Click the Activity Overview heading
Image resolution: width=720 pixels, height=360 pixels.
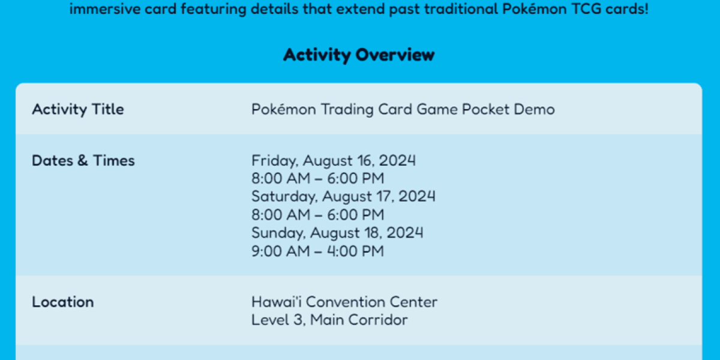pyautogui.click(x=359, y=55)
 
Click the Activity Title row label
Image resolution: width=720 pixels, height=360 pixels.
pyautogui.click(x=78, y=109)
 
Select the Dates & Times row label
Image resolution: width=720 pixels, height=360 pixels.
pyautogui.click(x=83, y=161)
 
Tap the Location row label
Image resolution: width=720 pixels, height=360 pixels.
pyautogui.click(x=63, y=302)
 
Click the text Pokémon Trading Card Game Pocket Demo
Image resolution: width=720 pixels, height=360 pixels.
pyautogui.click(x=403, y=109)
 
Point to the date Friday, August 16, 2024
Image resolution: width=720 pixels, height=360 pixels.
pyautogui.click(x=334, y=161)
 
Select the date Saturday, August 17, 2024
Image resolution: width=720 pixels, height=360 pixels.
pyautogui.click(x=343, y=196)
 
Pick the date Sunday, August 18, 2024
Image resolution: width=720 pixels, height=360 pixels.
pyautogui.click(x=337, y=232)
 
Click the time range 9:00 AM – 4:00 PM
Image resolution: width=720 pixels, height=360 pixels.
pyautogui.click(x=317, y=251)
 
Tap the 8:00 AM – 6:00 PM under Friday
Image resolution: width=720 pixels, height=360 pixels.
pyautogui.click(x=317, y=179)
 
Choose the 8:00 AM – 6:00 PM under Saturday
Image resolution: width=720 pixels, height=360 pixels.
pyautogui.click(x=317, y=214)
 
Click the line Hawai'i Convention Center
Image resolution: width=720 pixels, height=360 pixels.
pyautogui.click(x=344, y=302)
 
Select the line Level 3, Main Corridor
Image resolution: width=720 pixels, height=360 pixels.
pyautogui.click(x=329, y=320)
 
